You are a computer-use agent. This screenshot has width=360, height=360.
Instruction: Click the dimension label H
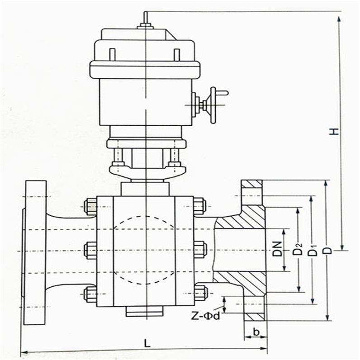coord(334,131)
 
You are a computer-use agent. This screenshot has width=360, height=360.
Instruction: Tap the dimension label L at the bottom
coord(146,343)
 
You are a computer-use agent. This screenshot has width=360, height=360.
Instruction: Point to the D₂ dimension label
coord(297,250)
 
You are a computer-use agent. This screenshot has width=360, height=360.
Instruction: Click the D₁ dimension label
coord(312,250)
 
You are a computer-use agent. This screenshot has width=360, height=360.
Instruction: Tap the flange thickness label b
coord(256,332)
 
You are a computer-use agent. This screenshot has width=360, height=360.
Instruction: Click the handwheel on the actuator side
coord(213,105)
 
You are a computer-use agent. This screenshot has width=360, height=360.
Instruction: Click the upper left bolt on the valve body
coord(90,207)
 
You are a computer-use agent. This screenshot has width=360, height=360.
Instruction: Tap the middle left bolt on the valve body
coord(90,250)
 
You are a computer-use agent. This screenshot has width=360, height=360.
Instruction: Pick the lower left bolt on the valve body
coord(90,294)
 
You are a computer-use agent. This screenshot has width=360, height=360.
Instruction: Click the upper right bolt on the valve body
coord(199,206)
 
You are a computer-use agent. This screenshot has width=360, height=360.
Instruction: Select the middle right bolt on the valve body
coord(200,250)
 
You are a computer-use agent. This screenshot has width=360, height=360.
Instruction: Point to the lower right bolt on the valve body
coord(200,293)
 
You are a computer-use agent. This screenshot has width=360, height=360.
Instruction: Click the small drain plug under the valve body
coord(144,312)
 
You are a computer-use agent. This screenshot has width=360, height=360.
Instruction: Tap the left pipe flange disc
coord(34,252)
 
